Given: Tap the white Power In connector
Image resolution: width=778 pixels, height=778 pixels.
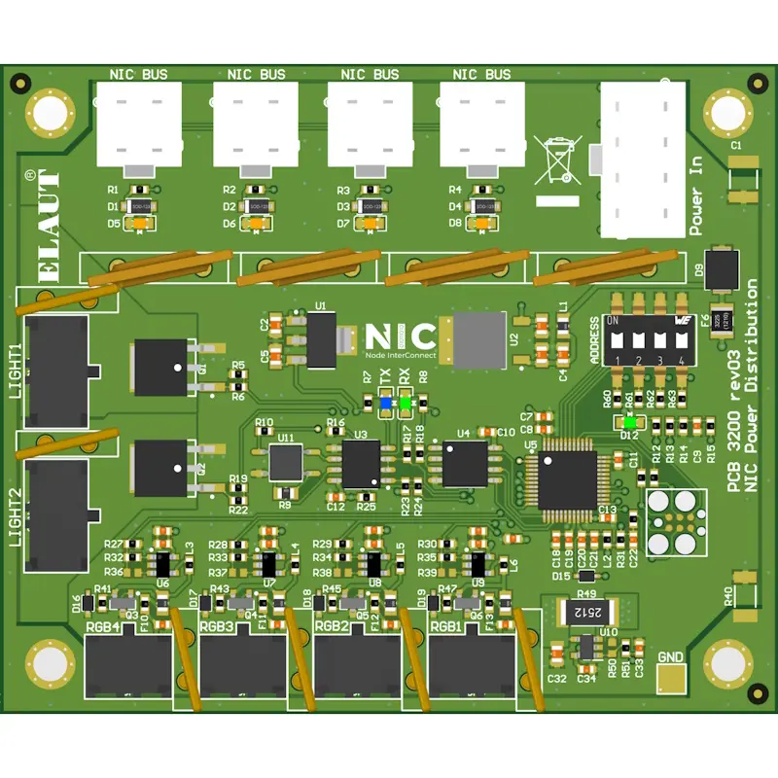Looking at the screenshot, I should point(643,160).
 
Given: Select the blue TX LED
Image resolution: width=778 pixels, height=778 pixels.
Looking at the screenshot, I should point(386,402).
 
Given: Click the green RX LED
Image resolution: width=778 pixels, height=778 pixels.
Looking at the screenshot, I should point(405,402).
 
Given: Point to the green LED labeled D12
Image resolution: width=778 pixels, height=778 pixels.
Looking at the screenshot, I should point(630,422).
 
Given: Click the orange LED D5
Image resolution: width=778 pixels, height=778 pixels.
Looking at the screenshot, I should point(140,224).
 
